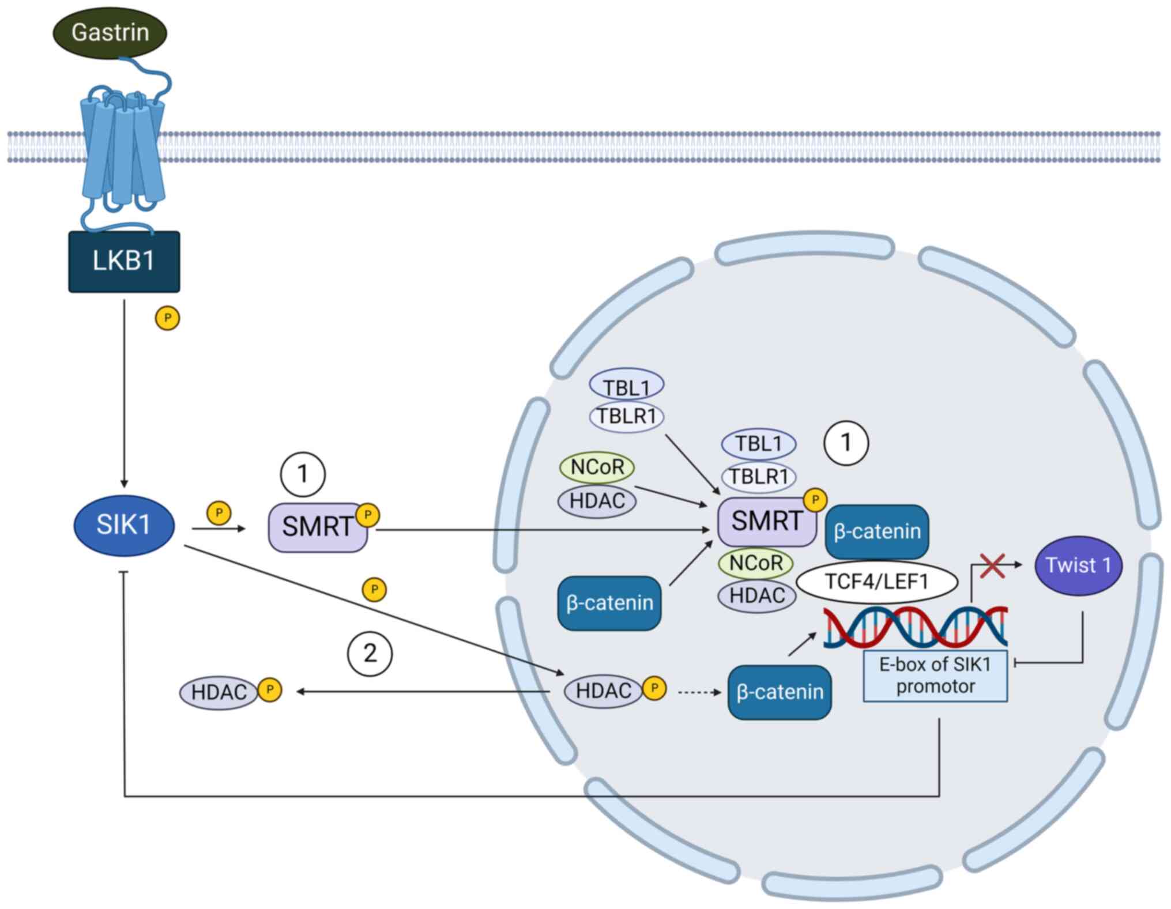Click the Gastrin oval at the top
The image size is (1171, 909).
(110, 32)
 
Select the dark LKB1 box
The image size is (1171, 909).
(124, 262)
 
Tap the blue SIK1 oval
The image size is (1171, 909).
(124, 525)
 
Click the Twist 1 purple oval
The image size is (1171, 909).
(1078, 565)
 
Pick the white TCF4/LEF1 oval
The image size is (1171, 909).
(876, 582)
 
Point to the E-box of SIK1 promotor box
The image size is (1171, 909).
(935, 676)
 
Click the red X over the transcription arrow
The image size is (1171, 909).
(992, 566)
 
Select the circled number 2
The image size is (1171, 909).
(370, 654)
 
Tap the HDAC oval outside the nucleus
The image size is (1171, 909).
(219, 692)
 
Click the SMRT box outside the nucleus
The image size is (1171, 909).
(317, 527)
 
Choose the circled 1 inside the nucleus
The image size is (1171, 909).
(846, 443)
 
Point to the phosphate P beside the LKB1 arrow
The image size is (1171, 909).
(167, 318)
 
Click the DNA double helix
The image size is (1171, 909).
(915, 627)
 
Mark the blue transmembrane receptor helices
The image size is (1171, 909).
(123, 150)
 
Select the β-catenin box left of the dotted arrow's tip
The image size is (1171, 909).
(780, 692)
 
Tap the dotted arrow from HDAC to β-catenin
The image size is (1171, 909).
(699, 692)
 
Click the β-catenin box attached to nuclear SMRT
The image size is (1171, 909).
(877, 531)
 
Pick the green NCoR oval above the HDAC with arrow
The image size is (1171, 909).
(597, 467)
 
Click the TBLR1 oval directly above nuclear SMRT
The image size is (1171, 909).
(758, 477)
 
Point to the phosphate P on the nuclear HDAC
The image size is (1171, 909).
(654, 688)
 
